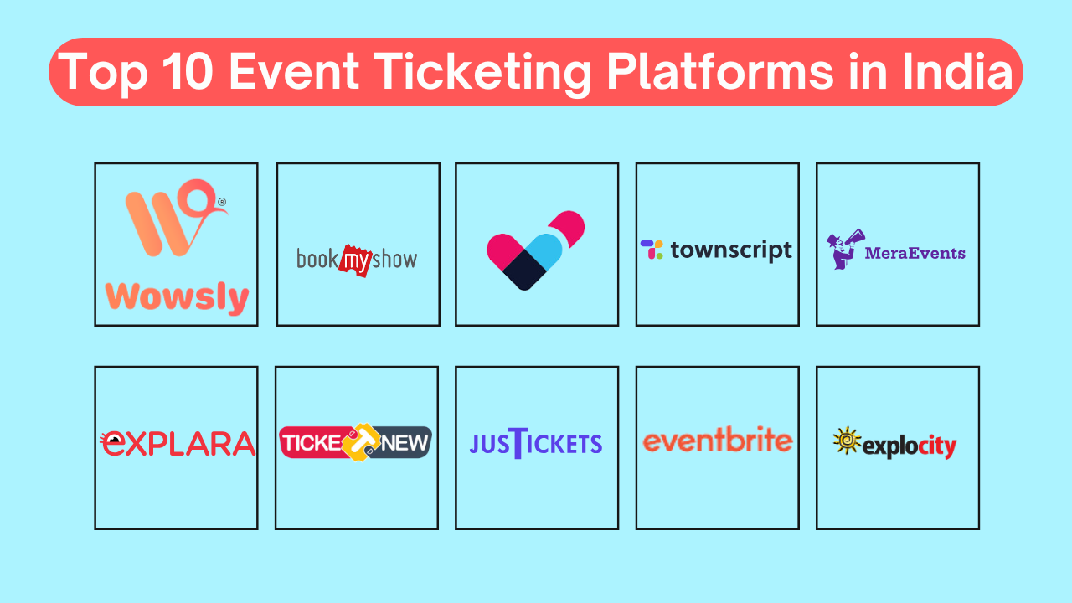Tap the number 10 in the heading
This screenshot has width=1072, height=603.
coord(188,71)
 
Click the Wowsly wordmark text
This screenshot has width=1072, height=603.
coord(177,297)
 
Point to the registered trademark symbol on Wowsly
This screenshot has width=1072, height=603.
coord(222,202)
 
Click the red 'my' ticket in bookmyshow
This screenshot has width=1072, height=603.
coord(356,260)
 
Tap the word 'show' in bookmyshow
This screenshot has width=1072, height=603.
coord(394,260)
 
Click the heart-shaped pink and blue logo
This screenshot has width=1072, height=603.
coord(535,250)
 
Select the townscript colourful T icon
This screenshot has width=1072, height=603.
coord(652,250)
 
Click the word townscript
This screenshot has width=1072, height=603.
coord(731,250)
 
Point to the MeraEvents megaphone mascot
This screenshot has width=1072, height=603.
coord(845,250)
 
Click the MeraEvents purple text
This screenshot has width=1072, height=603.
coord(915,253)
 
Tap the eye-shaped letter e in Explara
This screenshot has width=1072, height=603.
coord(112,443)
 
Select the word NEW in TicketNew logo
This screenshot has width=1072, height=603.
coord(405,443)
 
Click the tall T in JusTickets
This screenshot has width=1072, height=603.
coord(518,443)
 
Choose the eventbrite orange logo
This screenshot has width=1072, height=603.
coord(718,439)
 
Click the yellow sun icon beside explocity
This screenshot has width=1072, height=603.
coord(847,441)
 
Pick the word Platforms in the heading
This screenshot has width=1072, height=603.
coord(721,71)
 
